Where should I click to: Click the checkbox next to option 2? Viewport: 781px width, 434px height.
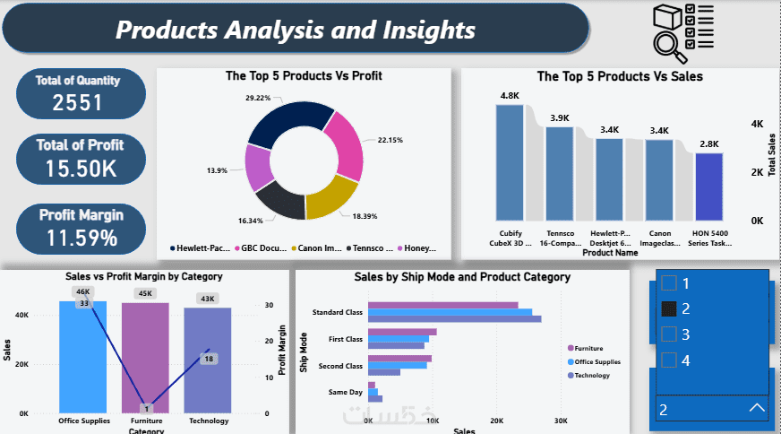coord(668,308)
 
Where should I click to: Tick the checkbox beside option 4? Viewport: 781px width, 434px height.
coord(668,360)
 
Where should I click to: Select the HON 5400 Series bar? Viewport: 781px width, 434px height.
coord(708,187)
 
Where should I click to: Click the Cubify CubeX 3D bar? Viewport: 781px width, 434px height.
coord(510,161)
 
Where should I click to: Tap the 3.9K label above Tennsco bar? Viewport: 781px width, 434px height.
coord(560,117)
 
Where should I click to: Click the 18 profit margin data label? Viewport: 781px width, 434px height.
coord(208,359)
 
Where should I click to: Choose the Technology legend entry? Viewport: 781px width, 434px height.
coord(591,375)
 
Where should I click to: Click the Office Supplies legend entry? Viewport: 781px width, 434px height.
coord(596,361)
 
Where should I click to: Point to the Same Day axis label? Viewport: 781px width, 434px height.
coord(346,392)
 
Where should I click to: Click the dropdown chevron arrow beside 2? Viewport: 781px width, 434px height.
coord(756,409)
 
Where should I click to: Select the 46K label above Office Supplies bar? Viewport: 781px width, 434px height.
coord(82,292)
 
